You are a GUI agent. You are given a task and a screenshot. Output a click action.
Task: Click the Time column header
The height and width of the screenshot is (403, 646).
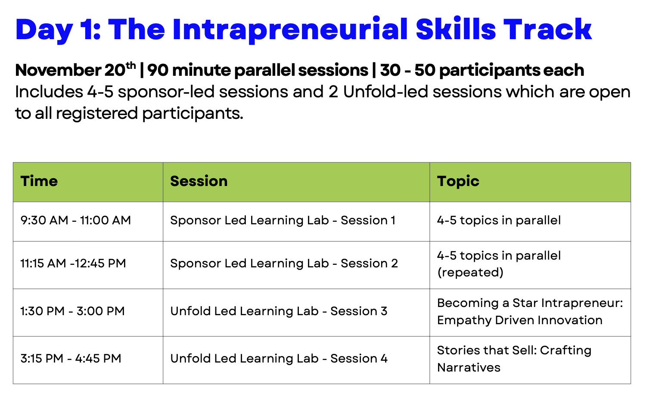39,181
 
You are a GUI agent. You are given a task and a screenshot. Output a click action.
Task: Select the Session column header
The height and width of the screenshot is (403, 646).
199,181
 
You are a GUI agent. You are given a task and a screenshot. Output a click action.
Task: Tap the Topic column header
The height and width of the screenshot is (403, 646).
458,182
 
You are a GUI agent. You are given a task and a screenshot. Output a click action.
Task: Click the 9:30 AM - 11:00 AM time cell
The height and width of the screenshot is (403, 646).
75,220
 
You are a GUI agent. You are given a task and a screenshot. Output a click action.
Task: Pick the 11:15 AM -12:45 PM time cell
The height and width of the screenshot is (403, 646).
73,263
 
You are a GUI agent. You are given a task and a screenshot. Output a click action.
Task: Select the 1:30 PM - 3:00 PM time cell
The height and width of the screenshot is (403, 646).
72,311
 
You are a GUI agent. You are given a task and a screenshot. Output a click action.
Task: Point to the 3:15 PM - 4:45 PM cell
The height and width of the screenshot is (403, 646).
71,359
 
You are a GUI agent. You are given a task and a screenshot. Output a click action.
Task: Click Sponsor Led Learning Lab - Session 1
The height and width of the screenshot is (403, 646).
283,220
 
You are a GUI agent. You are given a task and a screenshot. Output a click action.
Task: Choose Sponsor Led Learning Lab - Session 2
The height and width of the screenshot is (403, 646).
284,263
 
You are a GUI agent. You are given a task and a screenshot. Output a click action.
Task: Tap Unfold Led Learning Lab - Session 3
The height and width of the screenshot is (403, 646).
279,311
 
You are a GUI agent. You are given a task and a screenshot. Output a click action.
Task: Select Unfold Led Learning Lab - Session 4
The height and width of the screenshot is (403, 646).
279,359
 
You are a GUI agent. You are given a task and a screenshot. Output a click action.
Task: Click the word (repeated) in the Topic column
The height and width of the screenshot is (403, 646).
470,273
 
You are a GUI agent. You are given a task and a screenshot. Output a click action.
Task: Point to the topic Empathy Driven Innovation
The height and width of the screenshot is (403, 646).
520,321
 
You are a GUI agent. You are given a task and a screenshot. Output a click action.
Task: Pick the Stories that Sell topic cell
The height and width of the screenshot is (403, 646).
514,359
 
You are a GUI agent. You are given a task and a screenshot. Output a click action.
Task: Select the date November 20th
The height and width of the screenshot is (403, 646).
75,69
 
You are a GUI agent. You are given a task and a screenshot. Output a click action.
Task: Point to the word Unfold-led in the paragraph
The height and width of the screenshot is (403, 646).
385,92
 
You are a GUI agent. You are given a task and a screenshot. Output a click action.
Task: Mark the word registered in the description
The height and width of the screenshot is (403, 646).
97,114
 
